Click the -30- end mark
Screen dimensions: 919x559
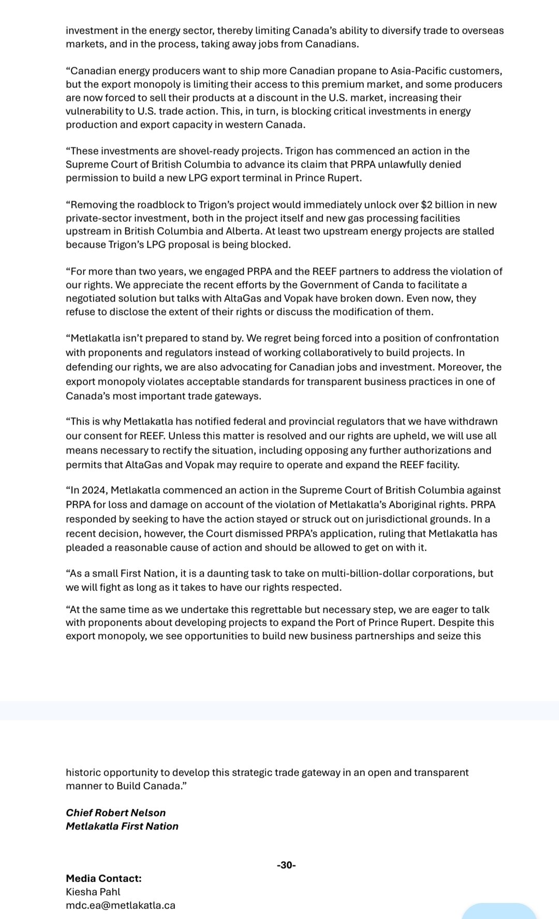click(x=286, y=865)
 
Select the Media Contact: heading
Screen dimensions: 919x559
click(x=104, y=878)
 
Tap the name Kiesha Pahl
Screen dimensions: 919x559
click(x=93, y=892)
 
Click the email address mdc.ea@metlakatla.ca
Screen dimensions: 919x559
click(x=121, y=905)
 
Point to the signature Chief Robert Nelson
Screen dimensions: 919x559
click(x=116, y=812)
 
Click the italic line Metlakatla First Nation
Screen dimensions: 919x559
click(x=122, y=826)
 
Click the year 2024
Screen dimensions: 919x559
click(x=93, y=490)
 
